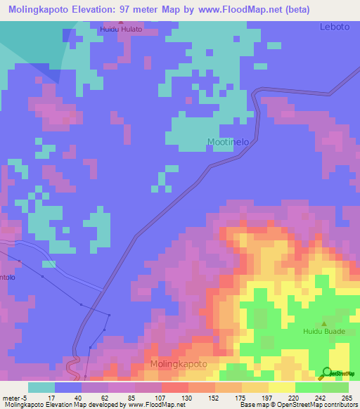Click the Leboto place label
334,27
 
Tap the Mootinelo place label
229,142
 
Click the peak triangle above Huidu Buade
323,320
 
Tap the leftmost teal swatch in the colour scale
41,387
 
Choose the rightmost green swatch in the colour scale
335,387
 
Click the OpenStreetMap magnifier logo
327,373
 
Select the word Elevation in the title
103,9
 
